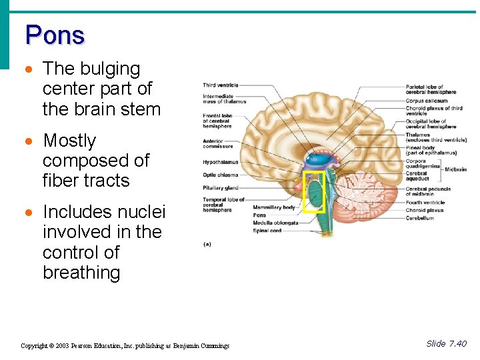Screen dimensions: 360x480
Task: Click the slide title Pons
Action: [x=55, y=35]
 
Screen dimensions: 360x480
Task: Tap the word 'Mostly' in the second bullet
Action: [x=69, y=141]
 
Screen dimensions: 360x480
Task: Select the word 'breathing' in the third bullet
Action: [x=81, y=273]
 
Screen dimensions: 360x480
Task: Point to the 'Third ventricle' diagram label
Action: [x=221, y=85]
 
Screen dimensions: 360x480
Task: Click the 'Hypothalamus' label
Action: [x=220, y=162]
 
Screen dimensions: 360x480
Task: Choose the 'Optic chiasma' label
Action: [x=221, y=175]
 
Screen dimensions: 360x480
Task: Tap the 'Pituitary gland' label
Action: [x=221, y=188]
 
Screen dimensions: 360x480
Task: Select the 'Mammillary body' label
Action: [x=273, y=207]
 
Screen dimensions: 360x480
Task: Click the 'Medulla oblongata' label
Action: [x=275, y=223]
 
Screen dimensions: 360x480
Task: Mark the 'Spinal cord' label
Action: [x=267, y=231]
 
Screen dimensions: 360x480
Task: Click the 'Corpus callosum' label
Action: [x=427, y=101]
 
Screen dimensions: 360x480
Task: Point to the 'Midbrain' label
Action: [x=455, y=169]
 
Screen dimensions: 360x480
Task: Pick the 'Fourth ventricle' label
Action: [x=425, y=203]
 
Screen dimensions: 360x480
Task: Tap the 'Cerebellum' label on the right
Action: [x=420, y=218]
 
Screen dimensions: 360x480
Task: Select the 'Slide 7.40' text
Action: [x=446, y=344]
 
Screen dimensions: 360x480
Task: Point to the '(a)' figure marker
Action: [x=207, y=244]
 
